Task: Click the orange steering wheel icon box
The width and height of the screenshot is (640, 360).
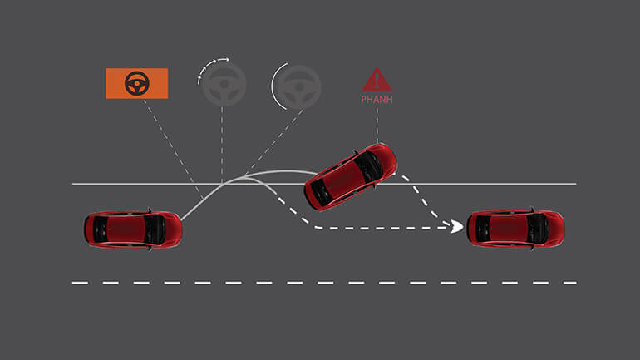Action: (x=137, y=83)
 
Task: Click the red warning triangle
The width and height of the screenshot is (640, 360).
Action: (x=377, y=80)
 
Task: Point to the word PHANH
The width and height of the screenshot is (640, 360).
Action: (x=377, y=100)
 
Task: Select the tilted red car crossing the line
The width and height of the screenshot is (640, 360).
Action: (x=351, y=175)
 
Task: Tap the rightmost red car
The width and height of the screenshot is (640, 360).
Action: (x=515, y=227)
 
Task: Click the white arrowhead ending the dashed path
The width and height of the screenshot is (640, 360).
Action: (x=457, y=226)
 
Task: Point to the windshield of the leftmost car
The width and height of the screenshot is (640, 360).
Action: (x=150, y=228)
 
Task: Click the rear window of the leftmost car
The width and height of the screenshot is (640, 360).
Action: (x=101, y=228)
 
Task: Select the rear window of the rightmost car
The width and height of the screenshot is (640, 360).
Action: (x=483, y=227)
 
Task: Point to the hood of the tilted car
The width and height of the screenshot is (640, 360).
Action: (x=382, y=160)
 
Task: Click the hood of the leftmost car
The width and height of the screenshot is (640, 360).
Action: (x=165, y=228)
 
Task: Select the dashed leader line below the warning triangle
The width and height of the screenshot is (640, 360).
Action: (x=377, y=125)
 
